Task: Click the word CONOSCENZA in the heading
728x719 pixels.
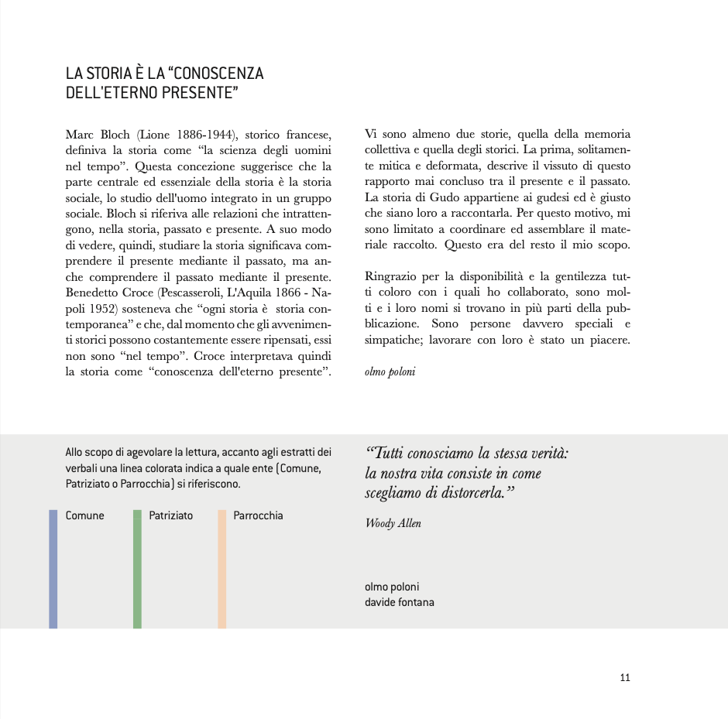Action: click(x=218, y=74)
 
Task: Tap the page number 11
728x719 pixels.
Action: click(x=625, y=678)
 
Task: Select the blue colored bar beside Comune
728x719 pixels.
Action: click(x=53, y=568)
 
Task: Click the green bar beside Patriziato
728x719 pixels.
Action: click(x=137, y=568)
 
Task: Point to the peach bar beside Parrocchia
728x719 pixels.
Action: click(x=221, y=568)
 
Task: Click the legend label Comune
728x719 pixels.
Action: click(x=84, y=515)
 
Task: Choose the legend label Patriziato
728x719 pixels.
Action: click(x=170, y=515)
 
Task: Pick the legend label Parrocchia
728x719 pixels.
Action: click(x=258, y=515)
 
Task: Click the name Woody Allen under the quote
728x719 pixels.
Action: click(x=393, y=523)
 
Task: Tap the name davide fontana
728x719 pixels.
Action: click(x=399, y=602)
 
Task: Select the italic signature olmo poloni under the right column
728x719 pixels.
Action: click(x=390, y=371)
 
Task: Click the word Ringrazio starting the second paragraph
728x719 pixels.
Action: click(x=391, y=277)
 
